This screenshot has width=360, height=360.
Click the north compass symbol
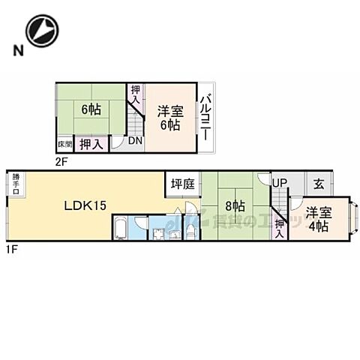point(40,30)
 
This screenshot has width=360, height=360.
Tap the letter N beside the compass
point(14,51)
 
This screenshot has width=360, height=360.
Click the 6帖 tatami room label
point(91,107)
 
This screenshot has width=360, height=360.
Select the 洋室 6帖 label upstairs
point(168,118)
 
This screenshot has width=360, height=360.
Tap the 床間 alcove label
point(64,143)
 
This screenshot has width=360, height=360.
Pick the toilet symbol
point(190,231)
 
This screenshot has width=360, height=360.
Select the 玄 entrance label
point(319,183)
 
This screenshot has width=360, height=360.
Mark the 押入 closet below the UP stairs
point(279,223)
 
